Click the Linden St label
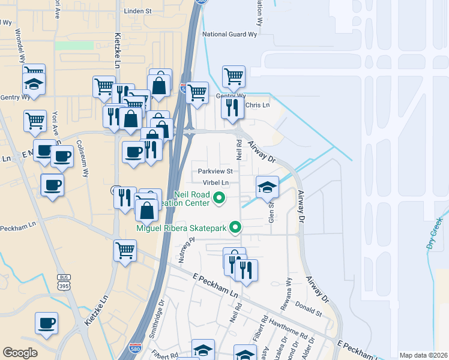[x=137, y=11]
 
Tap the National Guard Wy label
[x=229, y=35]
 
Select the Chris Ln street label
[x=258, y=106]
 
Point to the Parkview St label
[x=215, y=171]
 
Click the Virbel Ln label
[x=217, y=182]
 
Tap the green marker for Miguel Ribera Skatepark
[x=236, y=227]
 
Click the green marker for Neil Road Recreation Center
[x=220, y=197]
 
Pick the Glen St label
[x=271, y=210]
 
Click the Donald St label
[x=310, y=313]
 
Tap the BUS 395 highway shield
[x=64, y=280]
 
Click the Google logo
[x=20, y=353]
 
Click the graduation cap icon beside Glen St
[x=267, y=187]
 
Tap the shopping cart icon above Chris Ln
[x=234, y=77]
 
